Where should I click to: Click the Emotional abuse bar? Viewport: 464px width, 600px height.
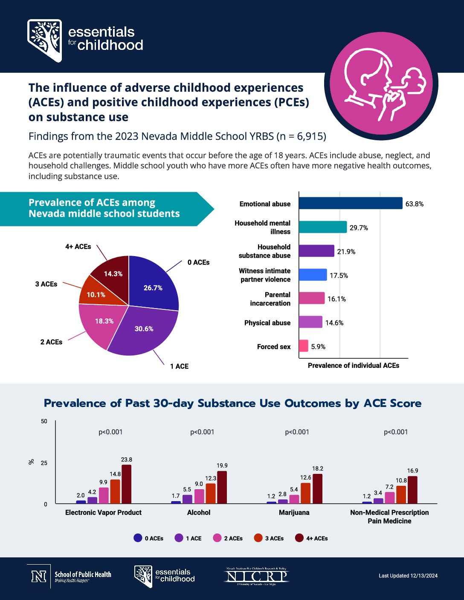[351, 203]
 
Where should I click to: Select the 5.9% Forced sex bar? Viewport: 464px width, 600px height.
[304, 346]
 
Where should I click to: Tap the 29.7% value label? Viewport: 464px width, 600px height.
[359, 228]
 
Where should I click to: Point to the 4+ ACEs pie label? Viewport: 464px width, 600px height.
[78, 247]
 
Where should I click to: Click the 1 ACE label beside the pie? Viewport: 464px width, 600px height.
[179, 366]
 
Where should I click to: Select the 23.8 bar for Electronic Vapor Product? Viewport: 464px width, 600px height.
[126, 484]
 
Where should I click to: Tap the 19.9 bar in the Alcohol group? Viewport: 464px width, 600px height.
[222, 487]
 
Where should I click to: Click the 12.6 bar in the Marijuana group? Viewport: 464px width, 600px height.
[306, 493]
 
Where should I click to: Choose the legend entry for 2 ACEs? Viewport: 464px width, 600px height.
[228, 538]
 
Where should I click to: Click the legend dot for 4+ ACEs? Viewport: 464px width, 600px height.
[299, 538]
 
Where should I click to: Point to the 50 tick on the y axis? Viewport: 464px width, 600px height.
[44, 421]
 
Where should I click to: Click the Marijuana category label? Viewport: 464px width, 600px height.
[294, 513]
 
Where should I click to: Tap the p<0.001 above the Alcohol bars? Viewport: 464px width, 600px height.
[202, 432]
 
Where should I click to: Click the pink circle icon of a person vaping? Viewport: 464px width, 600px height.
[381, 83]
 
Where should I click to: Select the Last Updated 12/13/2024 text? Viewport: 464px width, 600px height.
[408, 576]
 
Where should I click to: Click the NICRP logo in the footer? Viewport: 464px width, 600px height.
[257, 576]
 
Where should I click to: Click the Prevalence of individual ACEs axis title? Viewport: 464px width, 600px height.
[354, 366]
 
